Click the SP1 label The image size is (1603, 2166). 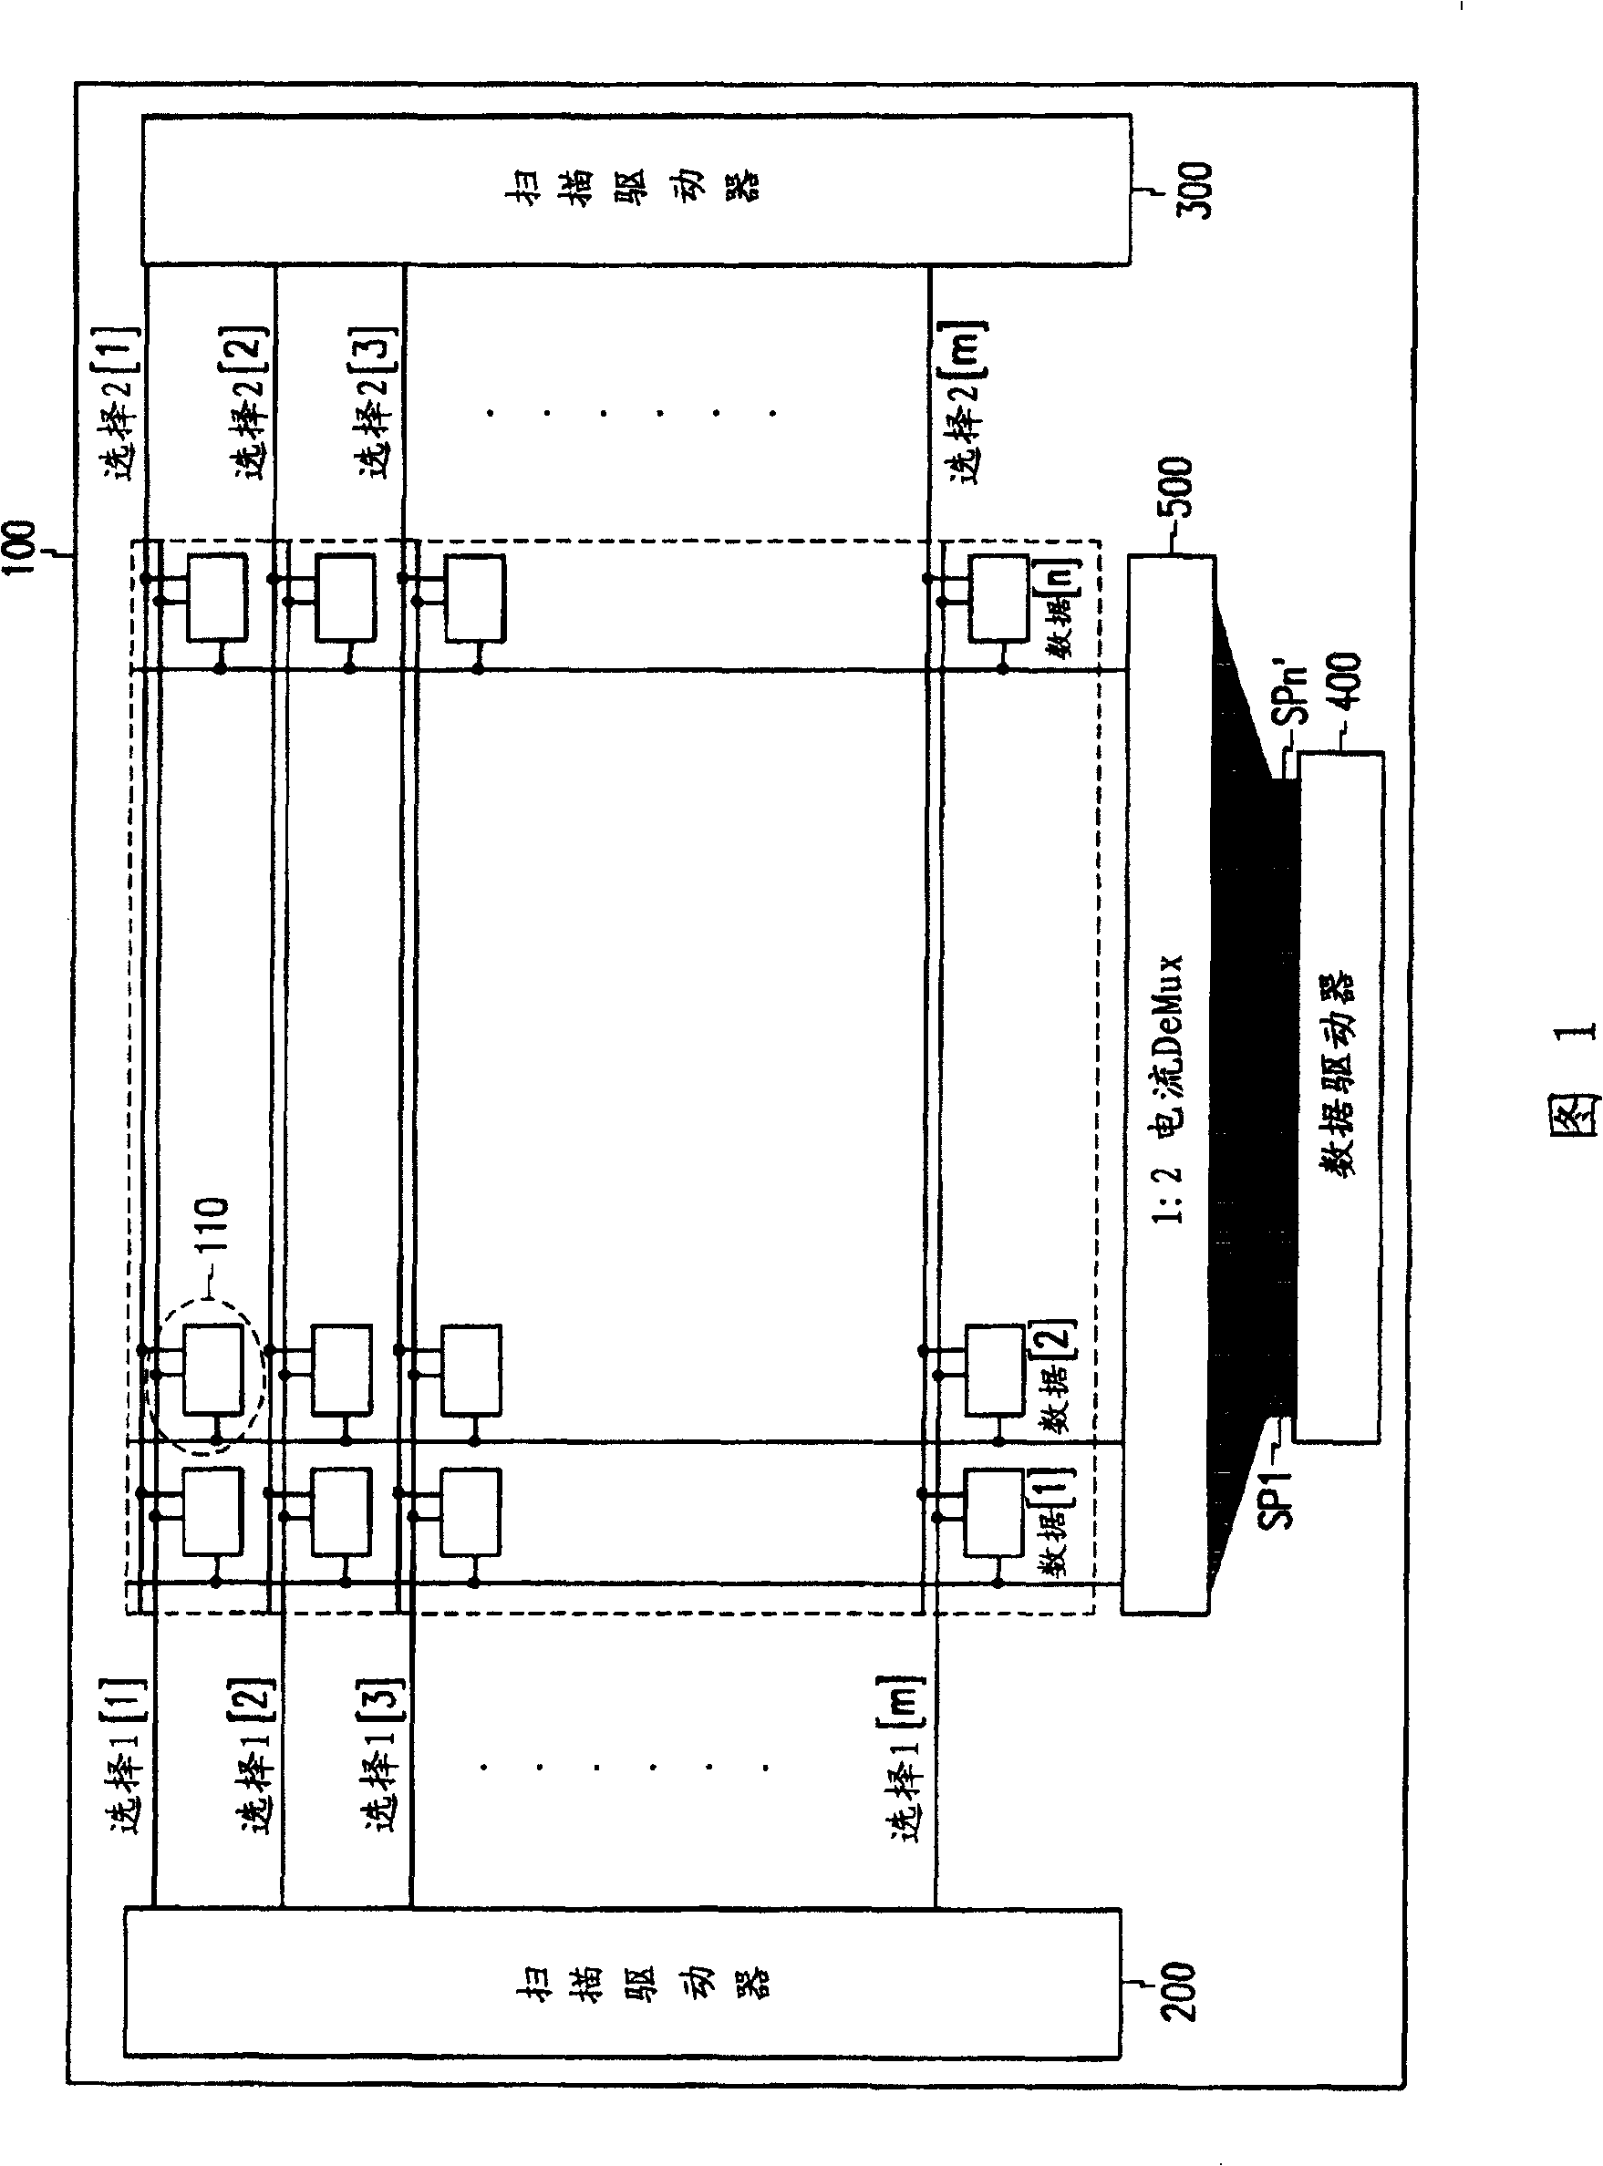tap(1279, 1500)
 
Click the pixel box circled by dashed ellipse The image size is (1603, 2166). tap(213, 1369)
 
